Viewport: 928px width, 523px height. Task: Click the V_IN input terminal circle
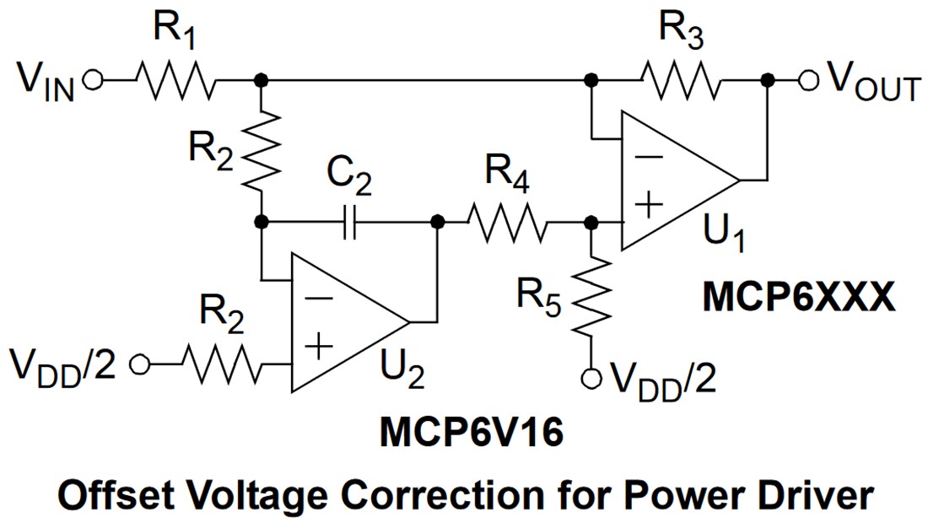point(93,80)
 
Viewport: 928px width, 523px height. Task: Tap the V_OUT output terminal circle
point(809,80)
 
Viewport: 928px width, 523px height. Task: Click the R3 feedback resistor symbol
point(680,80)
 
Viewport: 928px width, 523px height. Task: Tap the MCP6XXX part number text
point(799,299)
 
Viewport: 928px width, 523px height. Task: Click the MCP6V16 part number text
point(470,435)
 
